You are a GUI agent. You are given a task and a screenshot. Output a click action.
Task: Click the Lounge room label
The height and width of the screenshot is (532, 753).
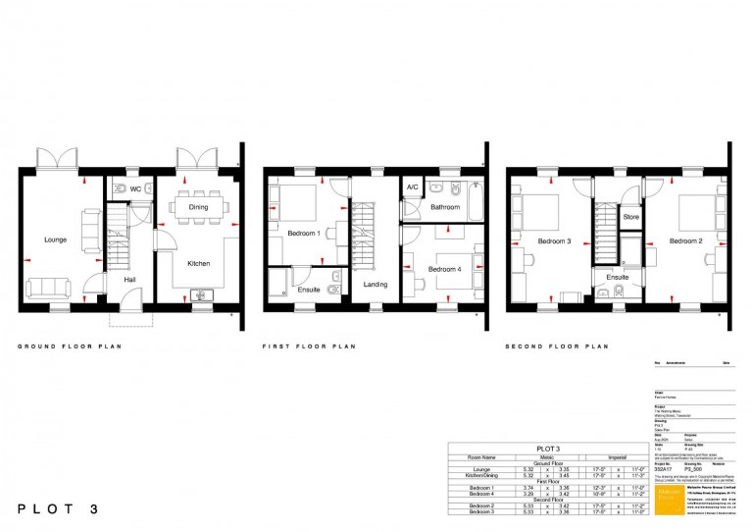click(55, 239)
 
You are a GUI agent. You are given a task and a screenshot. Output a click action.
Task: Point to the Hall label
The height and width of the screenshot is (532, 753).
click(128, 280)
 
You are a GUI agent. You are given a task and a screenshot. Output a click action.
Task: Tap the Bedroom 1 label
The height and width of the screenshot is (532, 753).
click(304, 233)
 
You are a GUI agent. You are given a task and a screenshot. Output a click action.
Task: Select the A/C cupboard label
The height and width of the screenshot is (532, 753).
click(413, 187)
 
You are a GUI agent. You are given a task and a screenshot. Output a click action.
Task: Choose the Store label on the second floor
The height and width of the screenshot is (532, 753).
click(631, 216)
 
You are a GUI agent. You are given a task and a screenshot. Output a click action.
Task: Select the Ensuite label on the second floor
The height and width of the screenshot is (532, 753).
click(617, 278)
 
